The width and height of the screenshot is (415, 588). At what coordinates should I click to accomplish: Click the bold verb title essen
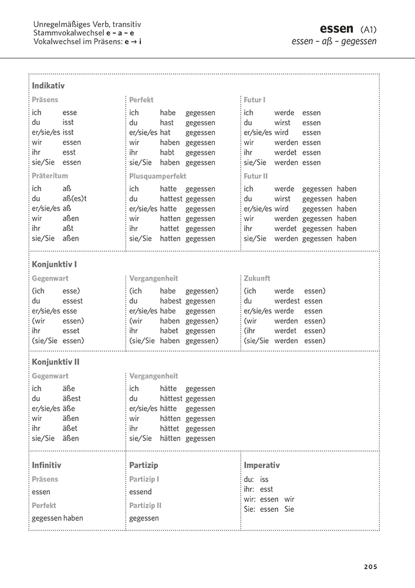point(336,28)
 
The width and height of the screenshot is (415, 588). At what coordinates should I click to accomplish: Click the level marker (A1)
point(369,29)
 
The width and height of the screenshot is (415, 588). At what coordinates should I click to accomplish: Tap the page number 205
point(370,567)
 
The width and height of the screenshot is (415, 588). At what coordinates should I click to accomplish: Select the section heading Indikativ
point(48,86)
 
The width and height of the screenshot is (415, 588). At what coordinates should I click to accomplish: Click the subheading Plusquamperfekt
point(157,176)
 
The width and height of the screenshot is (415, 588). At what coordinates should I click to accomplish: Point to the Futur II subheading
point(256,176)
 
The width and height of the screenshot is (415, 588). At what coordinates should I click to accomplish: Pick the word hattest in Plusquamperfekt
point(171,199)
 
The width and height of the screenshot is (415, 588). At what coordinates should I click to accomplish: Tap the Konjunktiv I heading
point(54,265)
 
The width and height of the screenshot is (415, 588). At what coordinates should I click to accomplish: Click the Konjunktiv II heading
point(55,362)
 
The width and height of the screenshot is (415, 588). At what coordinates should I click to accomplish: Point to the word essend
point(140,492)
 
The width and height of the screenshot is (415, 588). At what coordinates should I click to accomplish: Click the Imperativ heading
point(262,465)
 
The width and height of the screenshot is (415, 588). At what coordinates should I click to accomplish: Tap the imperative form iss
point(264,479)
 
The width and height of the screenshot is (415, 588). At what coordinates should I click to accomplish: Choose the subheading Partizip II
point(145,505)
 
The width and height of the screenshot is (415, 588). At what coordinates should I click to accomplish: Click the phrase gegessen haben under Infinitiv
point(58,518)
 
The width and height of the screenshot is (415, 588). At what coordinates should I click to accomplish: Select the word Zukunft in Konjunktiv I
point(257,278)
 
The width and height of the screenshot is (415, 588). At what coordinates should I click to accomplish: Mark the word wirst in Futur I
point(282,123)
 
